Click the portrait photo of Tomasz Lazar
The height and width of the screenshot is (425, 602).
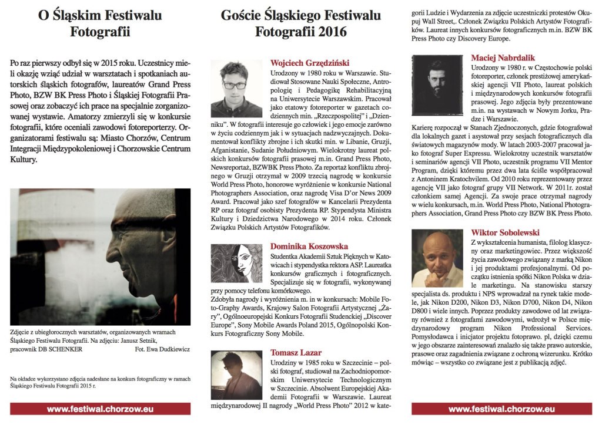(236, 375)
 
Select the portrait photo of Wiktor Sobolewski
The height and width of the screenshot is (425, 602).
(437, 258)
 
